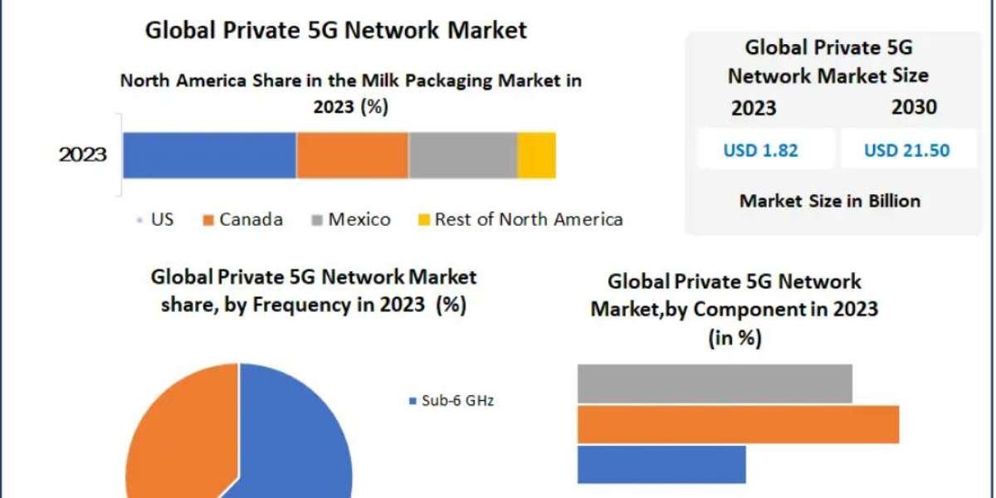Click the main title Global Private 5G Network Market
click(336, 31)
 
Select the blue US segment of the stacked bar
click(209, 154)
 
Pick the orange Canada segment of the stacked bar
click(352, 154)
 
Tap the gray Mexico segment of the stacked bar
click(462, 154)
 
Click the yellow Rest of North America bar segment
click(536, 154)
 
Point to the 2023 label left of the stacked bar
click(83, 154)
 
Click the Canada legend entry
click(243, 219)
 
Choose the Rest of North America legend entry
click(520, 219)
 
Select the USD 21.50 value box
click(906, 150)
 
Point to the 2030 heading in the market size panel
click(914, 107)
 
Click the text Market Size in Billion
click(830, 200)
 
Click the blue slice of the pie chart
click(299, 440)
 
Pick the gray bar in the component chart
click(714, 383)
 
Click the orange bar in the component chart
click(737, 424)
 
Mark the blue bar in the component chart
click(661, 464)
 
